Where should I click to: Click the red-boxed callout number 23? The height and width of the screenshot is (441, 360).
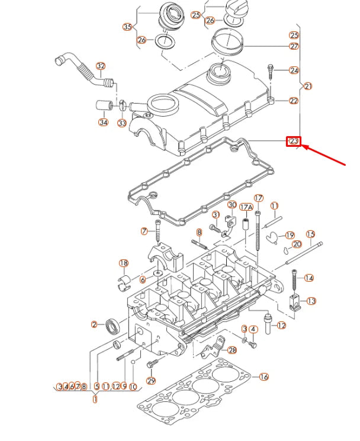coord(294,141)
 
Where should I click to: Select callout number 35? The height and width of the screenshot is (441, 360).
coord(127,27)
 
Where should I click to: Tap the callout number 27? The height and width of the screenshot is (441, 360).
coord(294,46)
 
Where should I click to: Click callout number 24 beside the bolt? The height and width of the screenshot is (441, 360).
coord(294,70)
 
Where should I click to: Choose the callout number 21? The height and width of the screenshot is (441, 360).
coord(307,86)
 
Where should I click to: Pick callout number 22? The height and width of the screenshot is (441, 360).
coord(294,101)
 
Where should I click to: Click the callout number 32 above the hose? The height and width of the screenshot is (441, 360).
coord(101,66)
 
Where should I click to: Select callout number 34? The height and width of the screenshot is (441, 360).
coord(103,123)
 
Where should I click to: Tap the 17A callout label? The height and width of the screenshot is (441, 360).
coord(246,207)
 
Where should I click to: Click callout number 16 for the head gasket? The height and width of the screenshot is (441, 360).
coord(264,376)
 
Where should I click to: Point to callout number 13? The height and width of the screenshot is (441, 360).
coord(311,301)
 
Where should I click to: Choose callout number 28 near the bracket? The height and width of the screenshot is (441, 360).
coord(232,350)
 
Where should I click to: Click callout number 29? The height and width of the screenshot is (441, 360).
coord(151,381)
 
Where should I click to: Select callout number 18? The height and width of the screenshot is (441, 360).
coord(123,263)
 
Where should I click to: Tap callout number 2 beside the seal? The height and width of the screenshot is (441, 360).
coord(94,324)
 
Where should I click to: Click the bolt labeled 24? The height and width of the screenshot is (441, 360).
coord(271,72)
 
